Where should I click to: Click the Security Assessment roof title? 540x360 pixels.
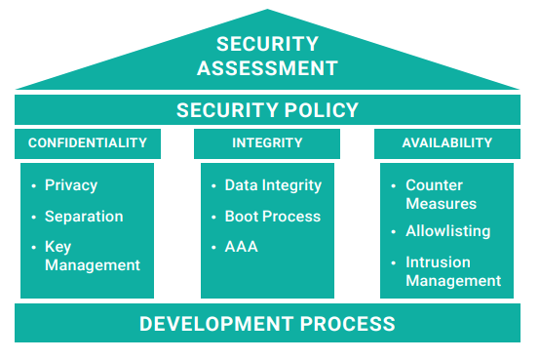(268, 56)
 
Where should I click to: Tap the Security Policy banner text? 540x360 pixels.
(268, 110)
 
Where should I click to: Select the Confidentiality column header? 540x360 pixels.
(88, 143)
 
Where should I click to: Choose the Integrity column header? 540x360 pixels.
(267, 143)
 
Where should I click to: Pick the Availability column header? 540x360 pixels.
(447, 143)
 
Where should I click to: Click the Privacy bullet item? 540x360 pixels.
(71, 185)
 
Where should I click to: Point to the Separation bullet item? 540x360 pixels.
(84, 217)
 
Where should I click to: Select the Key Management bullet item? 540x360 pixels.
(92, 256)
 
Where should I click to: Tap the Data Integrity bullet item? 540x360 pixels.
(273, 185)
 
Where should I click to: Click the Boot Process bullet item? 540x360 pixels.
(272, 217)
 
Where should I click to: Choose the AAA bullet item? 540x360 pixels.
(241, 247)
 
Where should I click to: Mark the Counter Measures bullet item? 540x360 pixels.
(441, 194)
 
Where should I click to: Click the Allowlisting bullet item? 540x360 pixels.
(447, 231)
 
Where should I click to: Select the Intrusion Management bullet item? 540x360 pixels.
(452, 271)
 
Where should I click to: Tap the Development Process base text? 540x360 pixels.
(268, 324)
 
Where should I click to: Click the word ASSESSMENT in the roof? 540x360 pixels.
(268, 68)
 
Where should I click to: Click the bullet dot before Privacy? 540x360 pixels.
(35, 185)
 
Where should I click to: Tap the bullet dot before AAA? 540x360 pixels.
(214, 247)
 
